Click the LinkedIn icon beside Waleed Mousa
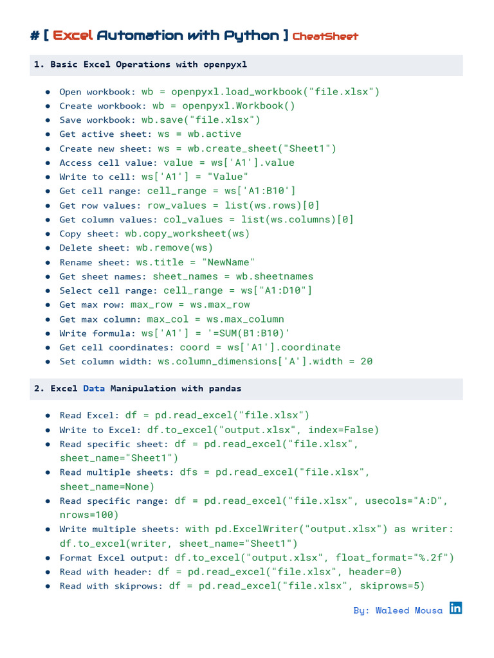point(455,608)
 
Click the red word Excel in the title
point(73,35)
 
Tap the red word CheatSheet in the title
point(325,36)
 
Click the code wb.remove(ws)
point(174,247)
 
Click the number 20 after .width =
point(367,361)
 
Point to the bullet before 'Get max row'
point(48,305)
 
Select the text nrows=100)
point(89,515)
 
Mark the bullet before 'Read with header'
point(48,572)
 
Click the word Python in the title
point(252,35)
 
